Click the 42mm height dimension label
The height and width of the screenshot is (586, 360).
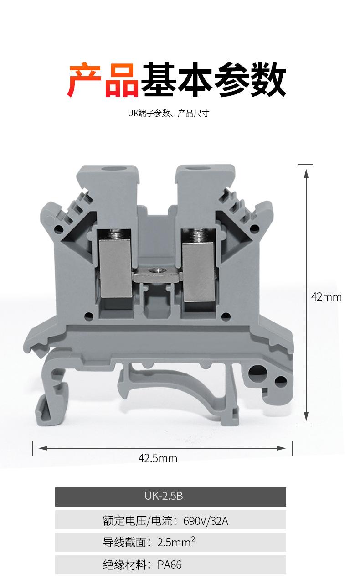coord(326,297)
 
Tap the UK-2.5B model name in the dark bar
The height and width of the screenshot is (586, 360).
coord(164,496)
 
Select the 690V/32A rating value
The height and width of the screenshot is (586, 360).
coord(206,521)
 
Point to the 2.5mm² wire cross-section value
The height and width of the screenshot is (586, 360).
coord(176,542)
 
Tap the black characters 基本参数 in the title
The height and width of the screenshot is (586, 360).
coord(214,79)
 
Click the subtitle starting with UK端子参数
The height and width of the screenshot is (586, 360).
coord(168,113)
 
